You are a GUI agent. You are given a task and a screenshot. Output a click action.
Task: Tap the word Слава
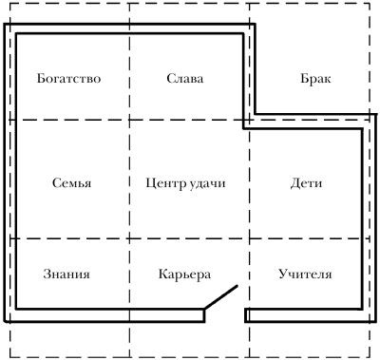(184, 79)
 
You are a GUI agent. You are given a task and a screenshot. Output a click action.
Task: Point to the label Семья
(66, 181)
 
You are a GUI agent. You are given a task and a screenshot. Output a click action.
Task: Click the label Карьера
(184, 275)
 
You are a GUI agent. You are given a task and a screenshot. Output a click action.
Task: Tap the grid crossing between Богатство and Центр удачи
(129, 121)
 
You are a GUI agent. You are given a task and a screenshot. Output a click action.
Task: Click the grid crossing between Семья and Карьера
(129, 238)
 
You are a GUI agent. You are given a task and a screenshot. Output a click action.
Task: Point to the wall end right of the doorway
(247, 313)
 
